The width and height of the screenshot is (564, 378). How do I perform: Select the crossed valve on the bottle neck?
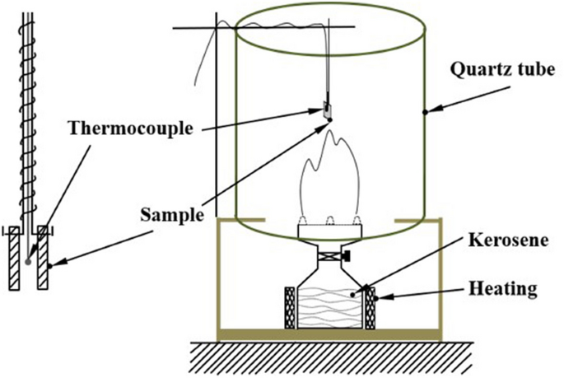(x=329, y=257)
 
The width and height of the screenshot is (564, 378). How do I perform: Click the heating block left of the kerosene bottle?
(x=289, y=306)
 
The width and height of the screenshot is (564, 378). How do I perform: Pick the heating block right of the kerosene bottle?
(x=371, y=306)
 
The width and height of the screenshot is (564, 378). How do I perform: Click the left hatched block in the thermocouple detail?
(x=14, y=262)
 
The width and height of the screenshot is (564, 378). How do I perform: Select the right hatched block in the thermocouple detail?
(x=44, y=262)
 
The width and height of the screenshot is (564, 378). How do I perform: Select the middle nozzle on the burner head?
(x=329, y=220)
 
